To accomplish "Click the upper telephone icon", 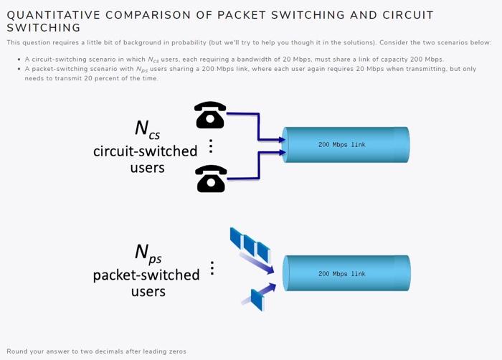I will pyautogui.click(x=210, y=115).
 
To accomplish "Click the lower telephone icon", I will pyautogui.click(x=211, y=179).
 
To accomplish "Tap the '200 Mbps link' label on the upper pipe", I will pyautogui.click(x=341, y=145).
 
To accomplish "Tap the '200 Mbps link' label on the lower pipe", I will pyautogui.click(x=341, y=274).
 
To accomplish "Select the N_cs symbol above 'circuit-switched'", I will pyautogui.click(x=146, y=129).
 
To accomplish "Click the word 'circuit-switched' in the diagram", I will pyautogui.click(x=145, y=151).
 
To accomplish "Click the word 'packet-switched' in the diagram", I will pyautogui.click(x=146, y=275).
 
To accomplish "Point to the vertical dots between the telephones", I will pyautogui.click(x=211, y=146).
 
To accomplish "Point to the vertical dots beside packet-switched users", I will pyautogui.click(x=212, y=268).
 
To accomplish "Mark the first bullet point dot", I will pyautogui.click(x=18, y=60).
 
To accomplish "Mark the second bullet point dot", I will pyautogui.click(x=18, y=69).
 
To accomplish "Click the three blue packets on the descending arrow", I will pyautogui.click(x=249, y=245).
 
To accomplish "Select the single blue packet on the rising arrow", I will pyautogui.click(x=257, y=298).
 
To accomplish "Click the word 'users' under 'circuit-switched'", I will pyautogui.click(x=147, y=168).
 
